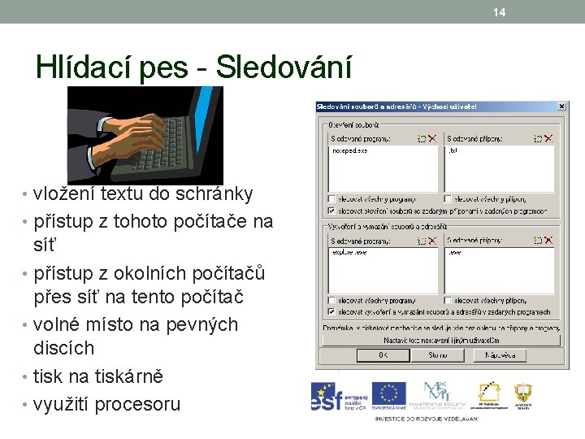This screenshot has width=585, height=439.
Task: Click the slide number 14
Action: point(499,11)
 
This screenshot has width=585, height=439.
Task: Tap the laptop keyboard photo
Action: point(145,134)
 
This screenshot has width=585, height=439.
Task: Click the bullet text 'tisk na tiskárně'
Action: point(97,376)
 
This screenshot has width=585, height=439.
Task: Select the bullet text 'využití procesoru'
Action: point(106,404)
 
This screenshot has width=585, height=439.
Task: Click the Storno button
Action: point(438,355)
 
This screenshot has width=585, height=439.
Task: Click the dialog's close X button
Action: point(561,106)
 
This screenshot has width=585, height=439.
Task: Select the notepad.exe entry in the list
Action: point(350,150)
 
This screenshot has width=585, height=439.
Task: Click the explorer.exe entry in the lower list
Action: point(349,253)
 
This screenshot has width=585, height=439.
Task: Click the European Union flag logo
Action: point(388,396)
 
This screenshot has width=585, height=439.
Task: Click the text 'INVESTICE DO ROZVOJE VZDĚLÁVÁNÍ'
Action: point(427,418)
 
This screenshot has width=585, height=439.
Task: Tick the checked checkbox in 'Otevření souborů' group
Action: point(331,210)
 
